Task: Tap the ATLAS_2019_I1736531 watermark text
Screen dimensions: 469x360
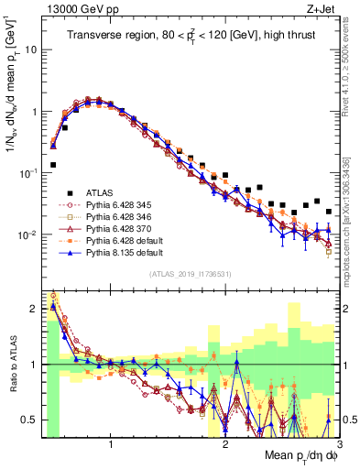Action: click(x=184, y=274)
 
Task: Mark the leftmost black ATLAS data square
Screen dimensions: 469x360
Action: click(x=53, y=165)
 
